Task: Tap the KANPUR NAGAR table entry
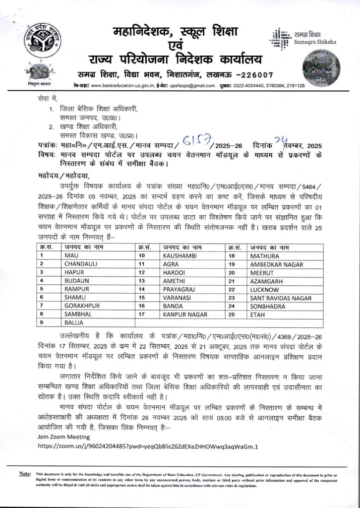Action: (x=184, y=314)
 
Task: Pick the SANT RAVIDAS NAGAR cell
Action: (x=281, y=298)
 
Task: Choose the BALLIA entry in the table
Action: (x=75, y=323)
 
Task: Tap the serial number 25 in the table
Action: (x=231, y=314)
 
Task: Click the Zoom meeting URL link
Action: (x=148, y=446)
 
